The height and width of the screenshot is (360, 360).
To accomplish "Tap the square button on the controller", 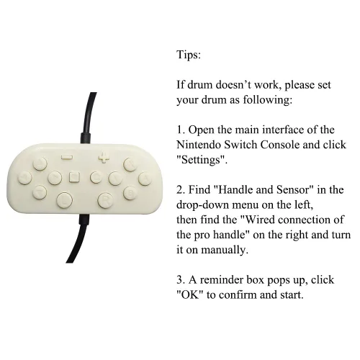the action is pyautogui.click(x=74, y=177).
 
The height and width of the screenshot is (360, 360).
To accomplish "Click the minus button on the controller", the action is pyautogui.click(x=67, y=157).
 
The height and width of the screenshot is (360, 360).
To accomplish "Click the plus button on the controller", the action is pyautogui.click(x=104, y=157).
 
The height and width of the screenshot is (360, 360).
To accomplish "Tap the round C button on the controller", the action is pyautogui.click(x=96, y=177).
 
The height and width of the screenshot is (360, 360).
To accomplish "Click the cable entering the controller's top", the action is pyautogui.click(x=88, y=117).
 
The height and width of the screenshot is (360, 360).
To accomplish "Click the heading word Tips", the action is pyautogui.click(x=189, y=55).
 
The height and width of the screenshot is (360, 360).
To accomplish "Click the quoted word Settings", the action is pyautogui.click(x=202, y=160).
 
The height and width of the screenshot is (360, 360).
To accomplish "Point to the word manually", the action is pyautogui.click(x=224, y=250).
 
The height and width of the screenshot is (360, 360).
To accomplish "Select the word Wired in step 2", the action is pyautogui.click(x=259, y=220).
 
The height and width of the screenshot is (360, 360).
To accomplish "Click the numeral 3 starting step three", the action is pyautogui.click(x=180, y=280).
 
